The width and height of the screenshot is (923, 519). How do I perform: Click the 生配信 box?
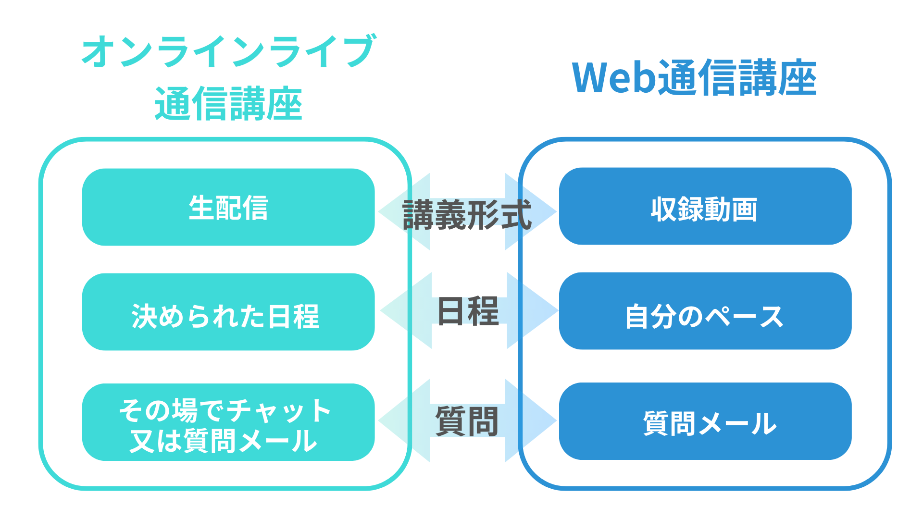[x=228, y=207]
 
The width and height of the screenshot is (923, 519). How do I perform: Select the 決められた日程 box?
[x=228, y=312]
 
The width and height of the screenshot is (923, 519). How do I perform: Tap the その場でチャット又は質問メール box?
[x=228, y=422]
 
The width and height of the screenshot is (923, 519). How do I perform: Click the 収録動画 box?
[x=705, y=206]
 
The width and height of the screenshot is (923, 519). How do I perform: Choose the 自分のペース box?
[x=705, y=311]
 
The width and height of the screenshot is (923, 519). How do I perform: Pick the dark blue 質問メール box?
[x=705, y=421]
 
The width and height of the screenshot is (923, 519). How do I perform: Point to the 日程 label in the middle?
[x=468, y=311]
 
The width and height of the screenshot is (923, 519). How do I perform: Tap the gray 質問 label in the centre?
[x=467, y=421]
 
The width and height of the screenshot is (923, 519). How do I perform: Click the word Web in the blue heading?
[x=614, y=78]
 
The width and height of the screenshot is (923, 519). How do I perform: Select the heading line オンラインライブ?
[x=228, y=51]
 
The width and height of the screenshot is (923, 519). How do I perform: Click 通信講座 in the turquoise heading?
[x=228, y=104]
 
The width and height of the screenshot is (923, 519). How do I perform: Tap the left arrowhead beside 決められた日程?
[x=399, y=310]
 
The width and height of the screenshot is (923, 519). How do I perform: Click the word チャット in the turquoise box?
[x=279, y=411]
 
